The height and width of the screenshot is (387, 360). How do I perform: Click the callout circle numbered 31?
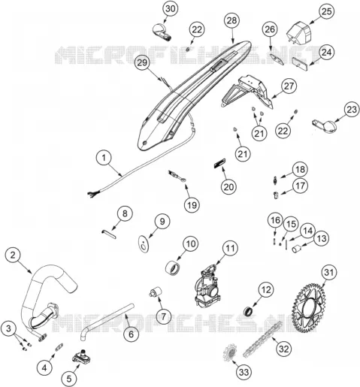click(x=329, y=272)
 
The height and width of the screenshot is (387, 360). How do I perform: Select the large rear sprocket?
click(x=308, y=308)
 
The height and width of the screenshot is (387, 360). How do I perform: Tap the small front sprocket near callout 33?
click(x=230, y=353)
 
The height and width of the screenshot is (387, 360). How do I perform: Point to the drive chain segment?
click(x=262, y=339)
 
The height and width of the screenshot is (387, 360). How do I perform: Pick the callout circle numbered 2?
click(x=13, y=255)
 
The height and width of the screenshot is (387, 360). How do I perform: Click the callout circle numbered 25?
click(x=326, y=11)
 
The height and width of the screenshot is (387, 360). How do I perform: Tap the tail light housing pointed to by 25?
click(x=298, y=34)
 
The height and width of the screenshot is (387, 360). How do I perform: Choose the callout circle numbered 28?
click(x=232, y=20)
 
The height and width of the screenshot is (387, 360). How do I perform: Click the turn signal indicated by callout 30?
click(x=162, y=32)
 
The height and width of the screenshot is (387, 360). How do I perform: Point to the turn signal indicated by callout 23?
click(x=324, y=125)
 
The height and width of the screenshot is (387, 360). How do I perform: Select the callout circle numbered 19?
click(x=192, y=205)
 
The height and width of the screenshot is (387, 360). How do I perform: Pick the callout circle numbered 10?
click(x=191, y=243)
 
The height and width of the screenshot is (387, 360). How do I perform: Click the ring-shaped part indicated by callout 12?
click(x=249, y=310)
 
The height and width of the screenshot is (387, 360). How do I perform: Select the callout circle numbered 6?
click(x=132, y=334)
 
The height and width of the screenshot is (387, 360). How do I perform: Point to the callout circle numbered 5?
click(x=69, y=379)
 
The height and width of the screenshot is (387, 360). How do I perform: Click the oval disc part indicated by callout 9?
click(x=144, y=243)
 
